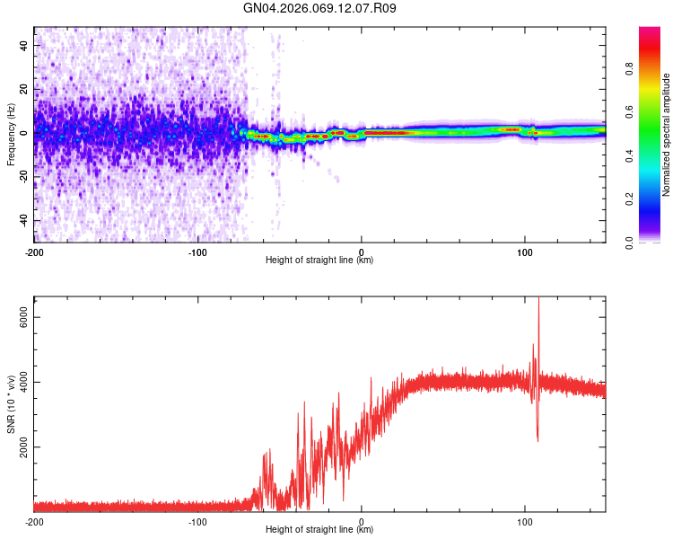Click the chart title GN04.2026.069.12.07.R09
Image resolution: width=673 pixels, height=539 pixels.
[320, 8]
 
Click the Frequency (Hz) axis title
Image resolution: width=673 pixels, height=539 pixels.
[11, 134]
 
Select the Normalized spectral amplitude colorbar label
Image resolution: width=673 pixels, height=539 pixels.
[666, 134]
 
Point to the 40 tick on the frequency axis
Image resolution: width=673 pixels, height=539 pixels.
[25, 45]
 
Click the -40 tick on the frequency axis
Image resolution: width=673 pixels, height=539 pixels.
[23, 221]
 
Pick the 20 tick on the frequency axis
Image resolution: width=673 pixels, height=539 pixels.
[25, 89]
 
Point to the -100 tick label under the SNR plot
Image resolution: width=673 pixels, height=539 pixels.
[197, 521]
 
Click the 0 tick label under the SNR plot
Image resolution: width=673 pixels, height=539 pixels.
[362, 521]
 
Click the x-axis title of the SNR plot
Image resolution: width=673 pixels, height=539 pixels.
[319, 530]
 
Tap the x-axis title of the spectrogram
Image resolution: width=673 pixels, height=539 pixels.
[319, 260]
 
